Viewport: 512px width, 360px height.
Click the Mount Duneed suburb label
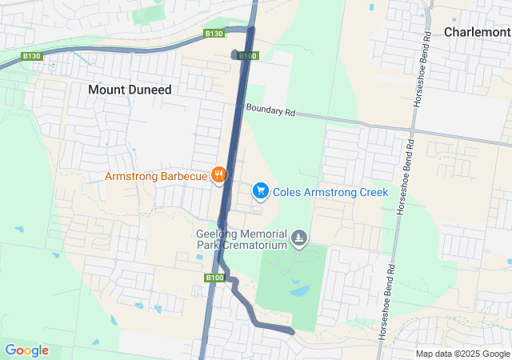pyautogui.click(x=129, y=90)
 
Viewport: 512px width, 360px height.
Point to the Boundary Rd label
pyautogui.click(x=270, y=111)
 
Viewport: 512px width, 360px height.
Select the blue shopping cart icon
pyautogui.click(x=259, y=191)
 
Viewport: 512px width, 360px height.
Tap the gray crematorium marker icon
pyautogui.click(x=299, y=238)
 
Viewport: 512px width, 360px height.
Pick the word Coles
pyautogui.click(x=289, y=192)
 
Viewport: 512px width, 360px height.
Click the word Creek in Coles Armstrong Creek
pyautogui.click(x=372, y=192)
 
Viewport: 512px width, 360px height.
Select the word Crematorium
pyautogui.click(x=254, y=246)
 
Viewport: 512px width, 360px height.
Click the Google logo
pyautogui.click(x=26, y=350)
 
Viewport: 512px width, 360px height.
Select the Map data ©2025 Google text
pyautogui.click(x=462, y=354)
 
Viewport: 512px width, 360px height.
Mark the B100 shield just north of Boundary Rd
pyautogui.click(x=249, y=56)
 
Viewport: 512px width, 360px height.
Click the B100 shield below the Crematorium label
pyautogui.click(x=214, y=278)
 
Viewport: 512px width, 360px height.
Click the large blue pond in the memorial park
pyautogui.click(x=299, y=291)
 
